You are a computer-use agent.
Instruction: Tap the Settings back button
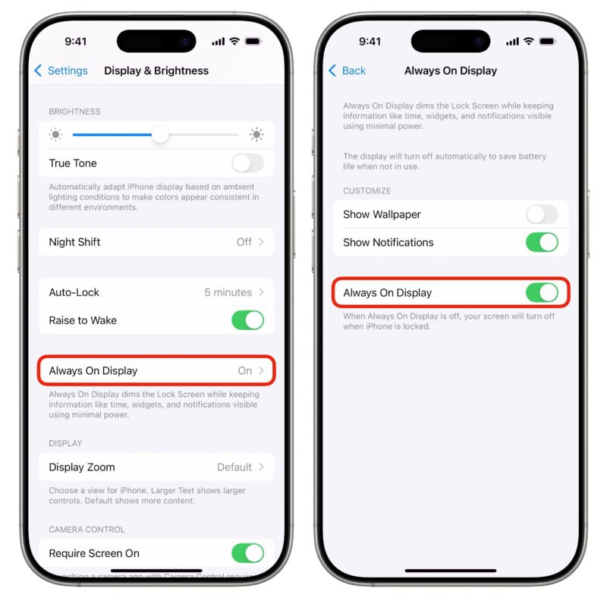pyautogui.click(x=61, y=71)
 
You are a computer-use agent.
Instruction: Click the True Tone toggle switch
pyautogui.click(x=247, y=163)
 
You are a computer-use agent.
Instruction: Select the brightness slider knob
pyautogui.click(x=160, y=135)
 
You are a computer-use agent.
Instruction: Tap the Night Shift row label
pyautogui.click(x=74, y=242)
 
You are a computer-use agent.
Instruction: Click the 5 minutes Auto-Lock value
pyautogui.click(x=228, y=292)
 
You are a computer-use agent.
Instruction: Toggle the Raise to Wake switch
pyautogui.click(x=247, y=320)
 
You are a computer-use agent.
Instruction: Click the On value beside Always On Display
pyautogui.click(x=244, y=371)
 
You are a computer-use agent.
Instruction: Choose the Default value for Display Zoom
pyautogui.click(x=234, y=467)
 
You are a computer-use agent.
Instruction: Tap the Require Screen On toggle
pyautogui.click(x=247, y=553)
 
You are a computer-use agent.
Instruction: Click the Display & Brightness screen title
pyautogui.click(x=156, y=71)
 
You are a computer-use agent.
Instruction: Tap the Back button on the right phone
pyautogui.click(x=348, y=71)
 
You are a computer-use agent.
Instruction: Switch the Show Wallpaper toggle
pyautogui.click(x=542, y=214)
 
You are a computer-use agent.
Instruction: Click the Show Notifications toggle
pyautogui.click(x=542, y=242)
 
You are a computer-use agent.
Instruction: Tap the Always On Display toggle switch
pyautogui.click(x=542, y=293)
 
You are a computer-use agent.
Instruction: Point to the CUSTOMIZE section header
pyautogui.click(x=367, y=190)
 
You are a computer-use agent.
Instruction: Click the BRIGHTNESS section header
pyautogui.click(x=74, y=112)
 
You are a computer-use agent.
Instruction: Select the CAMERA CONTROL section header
pyautogui.click(x=86, y=529)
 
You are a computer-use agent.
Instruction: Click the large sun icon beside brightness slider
pyautogui.click(x=256, y=135)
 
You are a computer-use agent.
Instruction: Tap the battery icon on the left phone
pyautogui.click(x=253, y=41)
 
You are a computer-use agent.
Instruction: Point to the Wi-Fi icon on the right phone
pyautogui.click(x=529, y=41)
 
